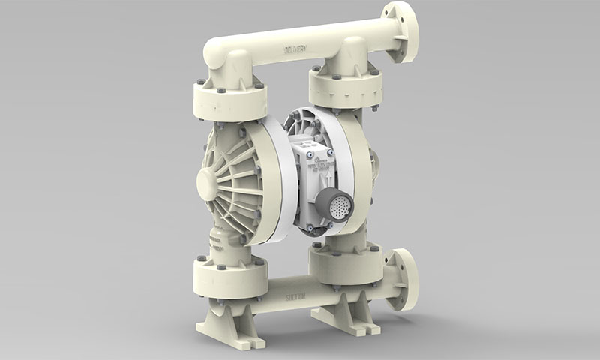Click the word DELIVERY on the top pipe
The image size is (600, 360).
tap(299, 50)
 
